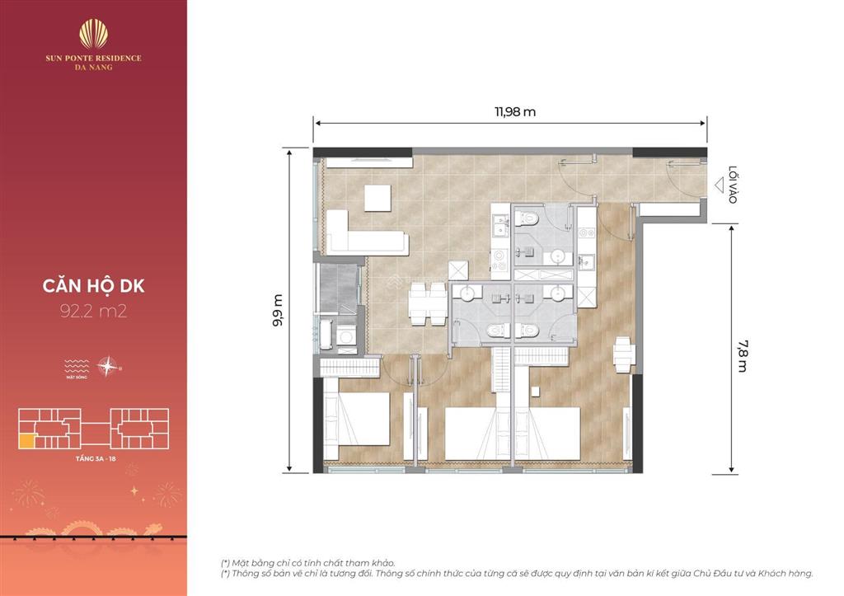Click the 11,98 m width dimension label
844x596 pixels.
[x=510, y=112]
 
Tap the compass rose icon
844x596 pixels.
[x=107, y=364]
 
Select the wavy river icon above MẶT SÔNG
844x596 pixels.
[x=77, y=363]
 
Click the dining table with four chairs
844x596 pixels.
[x=420, y=304]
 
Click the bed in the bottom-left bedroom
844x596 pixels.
[x=356, y=426]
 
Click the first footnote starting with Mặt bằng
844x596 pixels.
[x=307, y=561]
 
